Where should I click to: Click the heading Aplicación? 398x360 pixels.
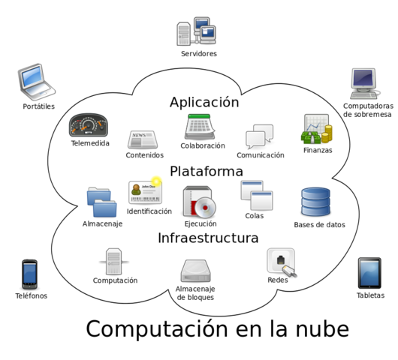coord(204,103)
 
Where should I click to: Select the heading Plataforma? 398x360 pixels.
coord(206,172)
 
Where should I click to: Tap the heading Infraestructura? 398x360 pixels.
coord(208,238)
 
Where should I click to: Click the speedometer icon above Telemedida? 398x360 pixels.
coord(89,124)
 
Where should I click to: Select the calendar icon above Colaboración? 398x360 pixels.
coord(203,125)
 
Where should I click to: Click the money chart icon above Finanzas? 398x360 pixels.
coord(317,130)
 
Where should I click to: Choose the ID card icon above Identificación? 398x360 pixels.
coord(146,192)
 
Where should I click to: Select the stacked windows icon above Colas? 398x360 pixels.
coord(256,196)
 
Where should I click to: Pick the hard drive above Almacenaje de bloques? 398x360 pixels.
coord(196,271)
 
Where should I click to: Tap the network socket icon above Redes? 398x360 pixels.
coord(280,262)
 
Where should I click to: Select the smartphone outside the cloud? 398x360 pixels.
coord(29,273)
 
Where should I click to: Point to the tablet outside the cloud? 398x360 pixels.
coord(369,273)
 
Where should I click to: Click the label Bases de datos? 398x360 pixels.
coord(319,225)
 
